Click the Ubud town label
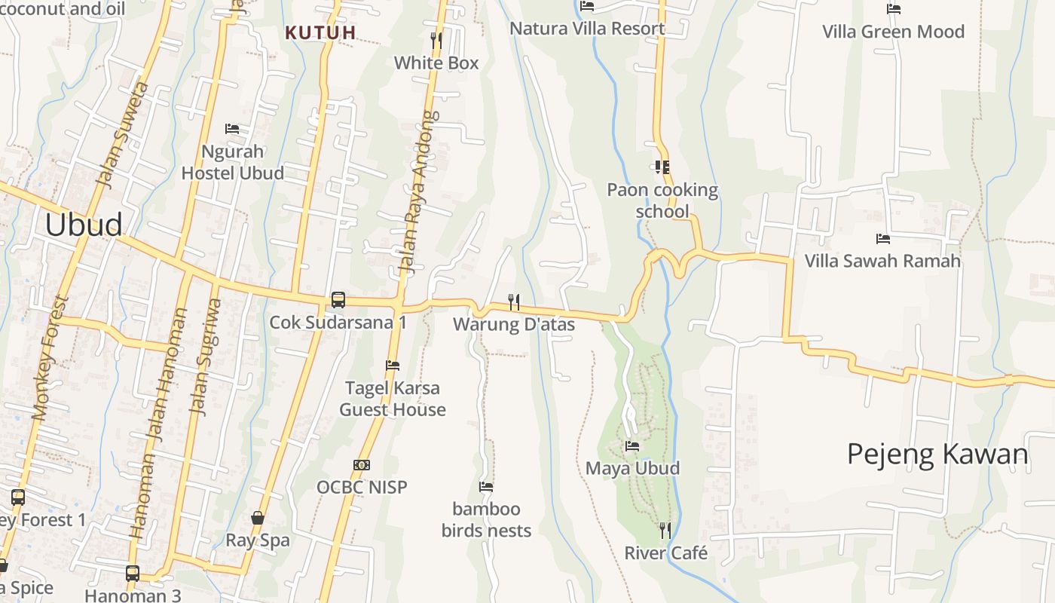tap(84, 225)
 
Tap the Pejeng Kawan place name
tap(937, 455)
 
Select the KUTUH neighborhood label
tap(320, 32)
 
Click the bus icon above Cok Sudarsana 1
tap(338, 300)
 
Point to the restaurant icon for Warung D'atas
tap(514, 302)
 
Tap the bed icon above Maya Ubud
tap(632, 446)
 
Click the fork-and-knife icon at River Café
tap(665, 531)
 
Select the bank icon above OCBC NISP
tap(362, 465)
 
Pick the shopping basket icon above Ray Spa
tap(258, 518)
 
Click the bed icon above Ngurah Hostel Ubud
tap(232, 129)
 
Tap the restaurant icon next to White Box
tap(436, 40)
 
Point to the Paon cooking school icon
tap(662, 167)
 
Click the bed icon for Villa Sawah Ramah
tap(883, 239)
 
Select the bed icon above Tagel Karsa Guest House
tap(393, 366)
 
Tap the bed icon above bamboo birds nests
tap(486, 487)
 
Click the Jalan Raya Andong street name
tap(418, 192)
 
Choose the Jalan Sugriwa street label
tap(206, 356)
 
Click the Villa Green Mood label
tap(893, 32)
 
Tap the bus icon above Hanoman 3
tap(133, 574)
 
